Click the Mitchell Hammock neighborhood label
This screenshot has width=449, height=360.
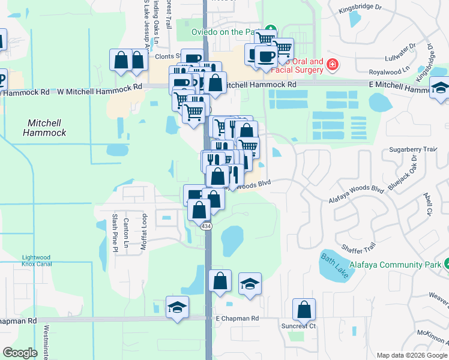pos(46,127)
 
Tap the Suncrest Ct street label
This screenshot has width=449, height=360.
pos(298,326)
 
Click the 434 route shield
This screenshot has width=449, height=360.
pos(206,226)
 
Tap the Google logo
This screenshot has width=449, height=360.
pos(20,353)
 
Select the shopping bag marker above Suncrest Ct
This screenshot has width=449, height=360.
pos(304,310)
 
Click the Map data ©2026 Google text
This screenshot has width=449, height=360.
pos(412,355)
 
